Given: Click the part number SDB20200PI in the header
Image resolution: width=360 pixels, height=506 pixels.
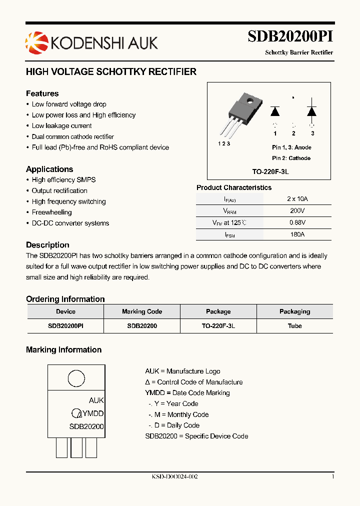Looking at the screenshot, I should [290, 37].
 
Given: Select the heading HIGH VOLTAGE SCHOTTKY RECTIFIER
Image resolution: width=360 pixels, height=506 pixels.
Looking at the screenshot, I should [111, 72].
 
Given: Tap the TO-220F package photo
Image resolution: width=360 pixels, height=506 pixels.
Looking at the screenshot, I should [239, 115].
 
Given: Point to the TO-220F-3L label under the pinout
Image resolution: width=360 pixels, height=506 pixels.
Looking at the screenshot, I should [270, 171].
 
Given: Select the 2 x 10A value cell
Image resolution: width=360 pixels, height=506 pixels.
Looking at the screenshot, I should [297, 198].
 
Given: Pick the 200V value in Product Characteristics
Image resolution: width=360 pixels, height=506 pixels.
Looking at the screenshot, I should [297, 210].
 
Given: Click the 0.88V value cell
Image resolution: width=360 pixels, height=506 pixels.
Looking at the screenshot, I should [297, 222].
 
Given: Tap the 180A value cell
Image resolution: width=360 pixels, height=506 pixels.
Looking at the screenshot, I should [297, 234].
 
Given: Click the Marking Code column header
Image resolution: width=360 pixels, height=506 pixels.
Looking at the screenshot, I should [142, 311].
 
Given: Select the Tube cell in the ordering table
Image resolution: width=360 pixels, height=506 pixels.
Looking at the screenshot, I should [294, 325].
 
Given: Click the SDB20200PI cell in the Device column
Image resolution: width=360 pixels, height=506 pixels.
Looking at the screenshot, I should [65, 325].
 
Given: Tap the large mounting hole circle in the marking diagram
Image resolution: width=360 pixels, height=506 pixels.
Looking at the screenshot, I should [76, 378].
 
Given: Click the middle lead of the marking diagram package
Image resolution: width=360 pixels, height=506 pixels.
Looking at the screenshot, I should [76, 447].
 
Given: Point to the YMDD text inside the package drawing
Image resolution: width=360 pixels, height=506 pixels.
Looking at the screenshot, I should [93, 413].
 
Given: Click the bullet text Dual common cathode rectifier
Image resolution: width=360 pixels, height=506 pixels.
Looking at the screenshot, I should [73, 136].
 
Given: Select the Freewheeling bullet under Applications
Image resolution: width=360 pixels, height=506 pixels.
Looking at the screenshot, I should [52, 212].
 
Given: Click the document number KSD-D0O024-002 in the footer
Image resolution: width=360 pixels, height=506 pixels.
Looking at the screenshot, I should [175, 477].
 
